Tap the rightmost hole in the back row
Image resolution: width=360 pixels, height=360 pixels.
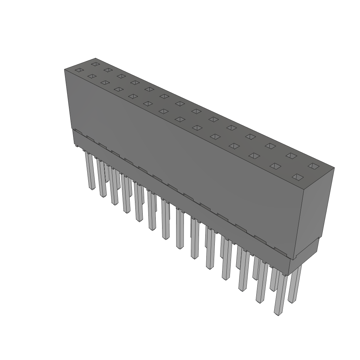[x=313, y=165]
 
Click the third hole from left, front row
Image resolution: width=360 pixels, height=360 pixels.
[x=105, y=82]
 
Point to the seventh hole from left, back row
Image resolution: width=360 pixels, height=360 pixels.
[x=180, y=103]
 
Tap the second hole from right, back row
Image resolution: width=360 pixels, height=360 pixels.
[x=291, y=155]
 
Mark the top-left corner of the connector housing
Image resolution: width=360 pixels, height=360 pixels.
[x=65, y=70]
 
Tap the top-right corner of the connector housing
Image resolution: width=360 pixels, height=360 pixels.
[x=334, y=168]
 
